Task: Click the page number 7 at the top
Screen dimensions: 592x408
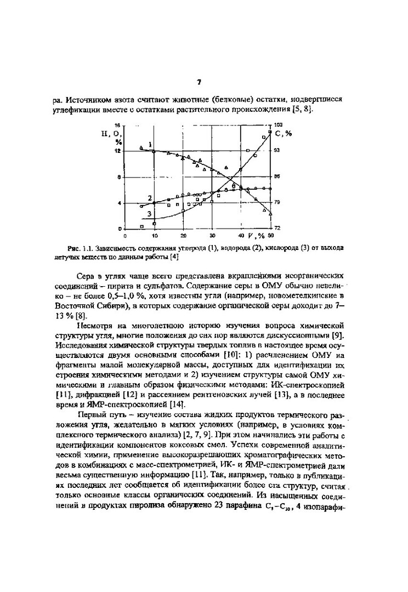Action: (199, 83)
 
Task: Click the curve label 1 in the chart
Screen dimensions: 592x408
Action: (150, 144)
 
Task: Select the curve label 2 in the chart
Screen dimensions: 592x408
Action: (150, 197)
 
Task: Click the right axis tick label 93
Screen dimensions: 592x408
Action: (277, 150)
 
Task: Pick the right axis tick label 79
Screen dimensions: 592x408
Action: (277, 203)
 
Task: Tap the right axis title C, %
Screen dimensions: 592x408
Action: (284, 133)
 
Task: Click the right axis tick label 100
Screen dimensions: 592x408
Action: (278, 125)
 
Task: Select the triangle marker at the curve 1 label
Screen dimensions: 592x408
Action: (141, 147)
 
